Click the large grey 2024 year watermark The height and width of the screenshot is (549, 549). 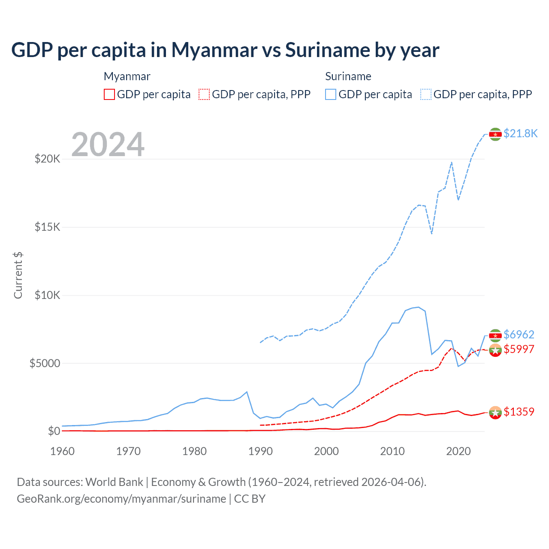pos(108,145)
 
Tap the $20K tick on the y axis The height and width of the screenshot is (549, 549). pos(47,159)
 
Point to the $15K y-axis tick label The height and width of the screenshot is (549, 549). pos(47,227)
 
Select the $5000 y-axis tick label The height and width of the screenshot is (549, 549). pos(45,363)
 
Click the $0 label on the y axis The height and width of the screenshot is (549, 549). pos(54,431)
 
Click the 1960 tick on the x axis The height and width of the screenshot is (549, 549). pos(63,451)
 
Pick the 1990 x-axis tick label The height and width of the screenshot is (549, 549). pos(260,451)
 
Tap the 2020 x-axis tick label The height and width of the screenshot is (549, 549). pos(459,451)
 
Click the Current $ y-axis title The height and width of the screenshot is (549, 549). pos(18,275)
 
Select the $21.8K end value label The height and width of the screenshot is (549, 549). pos(520,133)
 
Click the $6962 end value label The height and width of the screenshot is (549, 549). pos(519,335)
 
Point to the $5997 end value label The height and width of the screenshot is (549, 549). pos(519,349)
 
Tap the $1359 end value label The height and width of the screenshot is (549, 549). pos(519,412)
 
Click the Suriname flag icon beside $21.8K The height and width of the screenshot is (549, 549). pos(495,134)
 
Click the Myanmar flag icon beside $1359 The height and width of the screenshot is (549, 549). pos(495,413)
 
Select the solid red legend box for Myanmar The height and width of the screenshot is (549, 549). pos(109,94)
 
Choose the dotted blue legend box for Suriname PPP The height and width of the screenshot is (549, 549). pos(426,94)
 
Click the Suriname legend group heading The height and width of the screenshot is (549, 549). pos(348,76)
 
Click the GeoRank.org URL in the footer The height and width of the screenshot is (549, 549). pos(121,499)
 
